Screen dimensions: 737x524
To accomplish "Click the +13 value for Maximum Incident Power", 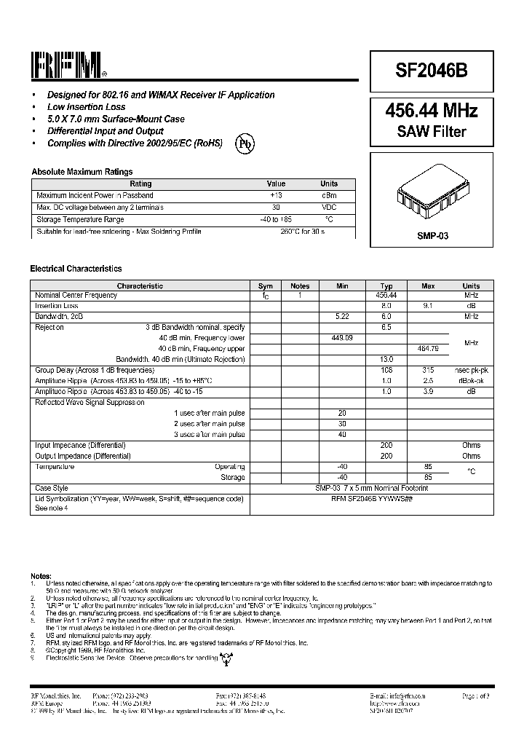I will (x=276, y=196).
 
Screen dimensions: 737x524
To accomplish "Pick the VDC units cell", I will (x=329, y=208).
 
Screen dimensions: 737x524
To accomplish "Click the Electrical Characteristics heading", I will (x=76, y=269).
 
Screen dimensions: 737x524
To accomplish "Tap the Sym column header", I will (x=266, y=286).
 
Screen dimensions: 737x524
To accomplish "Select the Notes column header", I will (x=300, y=286).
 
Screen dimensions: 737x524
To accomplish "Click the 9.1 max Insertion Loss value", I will (x=428, y=307).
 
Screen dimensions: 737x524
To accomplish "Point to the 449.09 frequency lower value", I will (x=342, y=339).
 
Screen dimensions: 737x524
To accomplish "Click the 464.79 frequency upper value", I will (x=428, y=350).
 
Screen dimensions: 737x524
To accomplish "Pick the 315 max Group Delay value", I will (x=428, y=371).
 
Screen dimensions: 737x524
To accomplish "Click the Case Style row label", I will (x=52, y=488).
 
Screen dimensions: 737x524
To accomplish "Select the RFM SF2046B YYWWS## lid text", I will (x=372, y=499).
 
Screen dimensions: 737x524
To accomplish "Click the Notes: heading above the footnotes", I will (x=41, y=575).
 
